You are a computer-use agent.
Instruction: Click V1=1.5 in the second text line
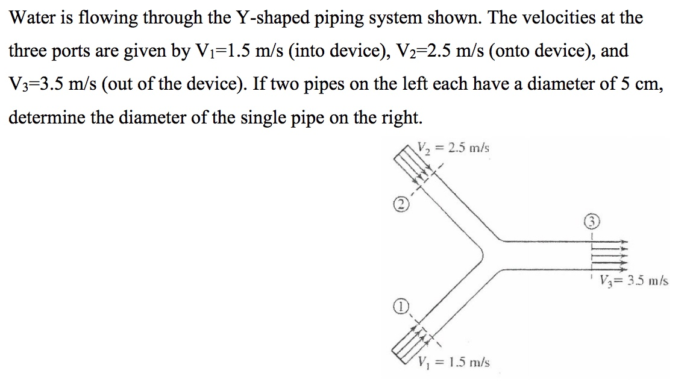click(223, 51)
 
